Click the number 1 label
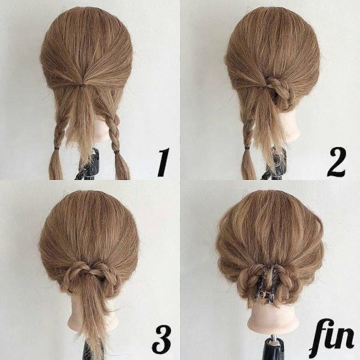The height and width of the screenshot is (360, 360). [x=163, y=162]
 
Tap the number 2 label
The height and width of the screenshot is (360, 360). [x=336, y=162]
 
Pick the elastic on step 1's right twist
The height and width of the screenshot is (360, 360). [x=117, y=152]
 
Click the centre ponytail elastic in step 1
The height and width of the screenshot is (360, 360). [x=82, y=85]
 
